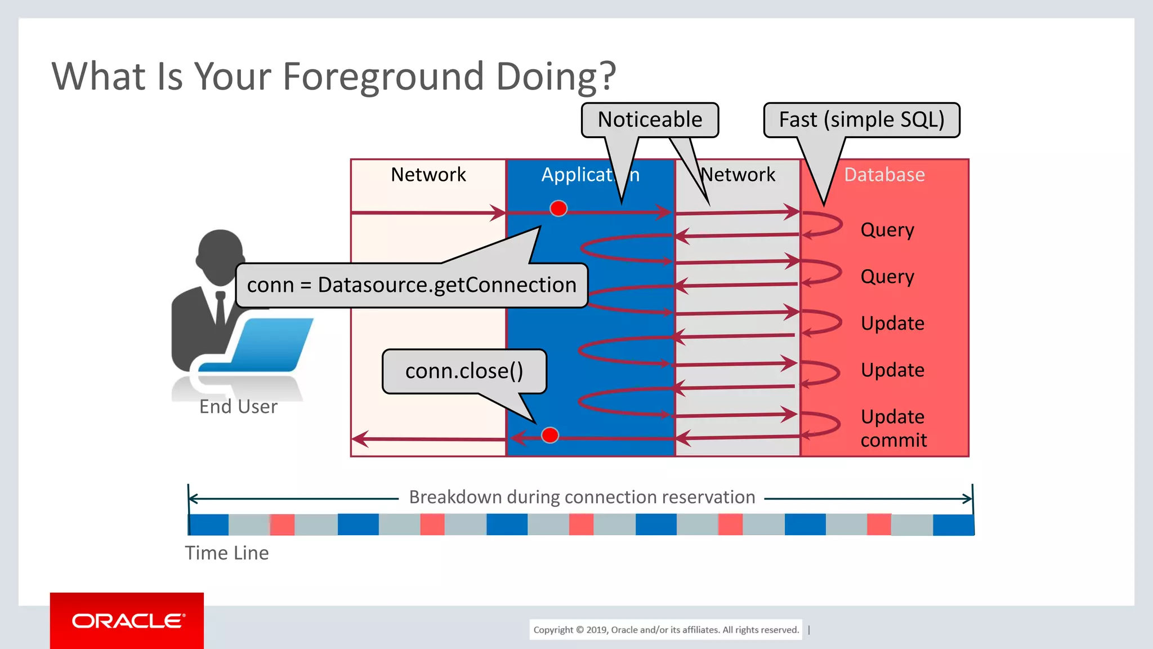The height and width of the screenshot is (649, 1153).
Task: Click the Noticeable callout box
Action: pyautogui.click(x=650, y=120)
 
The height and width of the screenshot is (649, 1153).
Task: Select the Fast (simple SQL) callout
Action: pyautogui.click(x=861, y=120)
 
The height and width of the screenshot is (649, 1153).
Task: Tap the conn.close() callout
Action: pyautogui.click(x=464, y=371)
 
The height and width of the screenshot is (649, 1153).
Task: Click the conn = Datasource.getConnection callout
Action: pyautogui.click(x=412, y=285)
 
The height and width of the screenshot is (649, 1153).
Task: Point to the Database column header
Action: pyautogui.click(x=884, y=175)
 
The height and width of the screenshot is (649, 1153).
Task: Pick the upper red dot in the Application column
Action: pyautogui.click(x=558, y=208)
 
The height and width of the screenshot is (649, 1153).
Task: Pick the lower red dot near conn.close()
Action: pyautogui.click(x=549, y=435)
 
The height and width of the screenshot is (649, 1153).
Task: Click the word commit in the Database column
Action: pyautogui.click(x=893, y=440)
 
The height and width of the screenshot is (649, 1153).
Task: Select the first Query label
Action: pyautogui.click(x=887, y=230)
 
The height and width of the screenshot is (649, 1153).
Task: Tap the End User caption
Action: pyautogui.click(x=238, y=407)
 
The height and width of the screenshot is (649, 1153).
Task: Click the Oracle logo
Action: pyautogui.click(x=127, y=621)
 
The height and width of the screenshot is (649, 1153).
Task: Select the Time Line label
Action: pyautogui.click(x=227, y=553)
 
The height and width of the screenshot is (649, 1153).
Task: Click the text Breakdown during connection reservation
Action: pyautogui.click(x=582, y=497)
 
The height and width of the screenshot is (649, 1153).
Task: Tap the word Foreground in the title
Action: pyautogui.click(x=383, y=76)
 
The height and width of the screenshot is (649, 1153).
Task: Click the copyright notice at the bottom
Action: pyautogui.click(x=666, y=630)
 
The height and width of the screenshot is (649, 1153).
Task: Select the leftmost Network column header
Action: pyautogui.click(x=428, y=175)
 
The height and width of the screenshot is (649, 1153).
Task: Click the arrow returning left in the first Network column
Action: pyautogui.click(x=428, y=439)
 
